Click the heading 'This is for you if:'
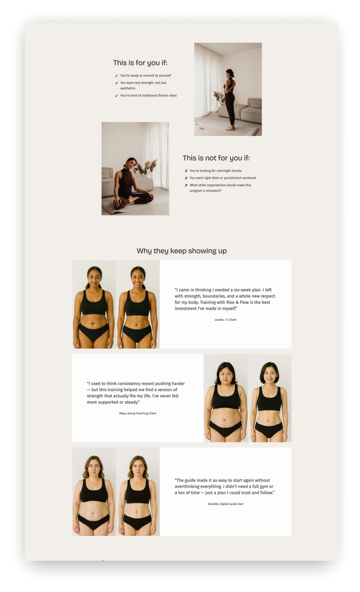[x=140, y=63]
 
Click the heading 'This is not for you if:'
[x=216, y=158]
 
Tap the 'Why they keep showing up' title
[x=181, y=251]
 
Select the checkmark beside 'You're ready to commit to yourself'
[x=117, y=76]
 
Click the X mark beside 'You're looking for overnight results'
[x=186, y=171]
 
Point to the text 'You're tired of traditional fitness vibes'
[x=148, y=96]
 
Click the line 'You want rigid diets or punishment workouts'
[x=223, y=178]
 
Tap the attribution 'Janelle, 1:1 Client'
[x=225, y=320]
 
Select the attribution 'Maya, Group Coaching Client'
[x=137, y=413]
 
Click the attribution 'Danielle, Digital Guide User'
[x=225, y=504]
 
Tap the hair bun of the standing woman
[x=232, y=75]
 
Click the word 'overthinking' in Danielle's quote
[x=187, y=486]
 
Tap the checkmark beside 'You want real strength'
[x=117, y=83]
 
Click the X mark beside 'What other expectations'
[x=186, y=185]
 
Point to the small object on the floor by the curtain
[x=201, y=128]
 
